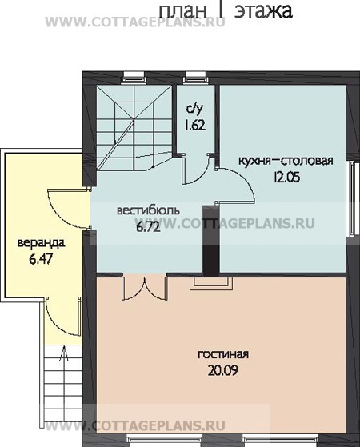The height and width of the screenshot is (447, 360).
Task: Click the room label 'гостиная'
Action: [223, 354]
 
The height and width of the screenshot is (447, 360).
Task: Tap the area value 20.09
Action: [222, 371]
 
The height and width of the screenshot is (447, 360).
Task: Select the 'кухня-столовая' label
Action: [286, 161]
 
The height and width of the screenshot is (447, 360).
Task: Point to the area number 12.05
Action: [287, 178]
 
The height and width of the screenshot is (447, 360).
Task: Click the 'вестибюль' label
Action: [148, 210]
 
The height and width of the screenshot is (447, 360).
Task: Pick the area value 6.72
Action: [148, 227]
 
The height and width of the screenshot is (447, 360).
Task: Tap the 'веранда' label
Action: [41, 243]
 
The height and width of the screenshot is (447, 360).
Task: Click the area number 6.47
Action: [41, 260]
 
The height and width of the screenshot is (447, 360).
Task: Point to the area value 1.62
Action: [195, 126]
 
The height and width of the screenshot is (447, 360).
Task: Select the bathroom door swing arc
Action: [197, 170]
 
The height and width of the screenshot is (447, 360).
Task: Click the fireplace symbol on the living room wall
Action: [211, 283]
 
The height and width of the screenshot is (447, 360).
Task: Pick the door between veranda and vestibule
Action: [69, 209]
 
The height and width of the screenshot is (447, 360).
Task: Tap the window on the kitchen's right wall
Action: [351, 198]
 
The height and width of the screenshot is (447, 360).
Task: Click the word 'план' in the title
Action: [182, 11]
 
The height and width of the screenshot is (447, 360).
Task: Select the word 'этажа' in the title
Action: [264, 11]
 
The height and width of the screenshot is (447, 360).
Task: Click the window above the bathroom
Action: [196, 78]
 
